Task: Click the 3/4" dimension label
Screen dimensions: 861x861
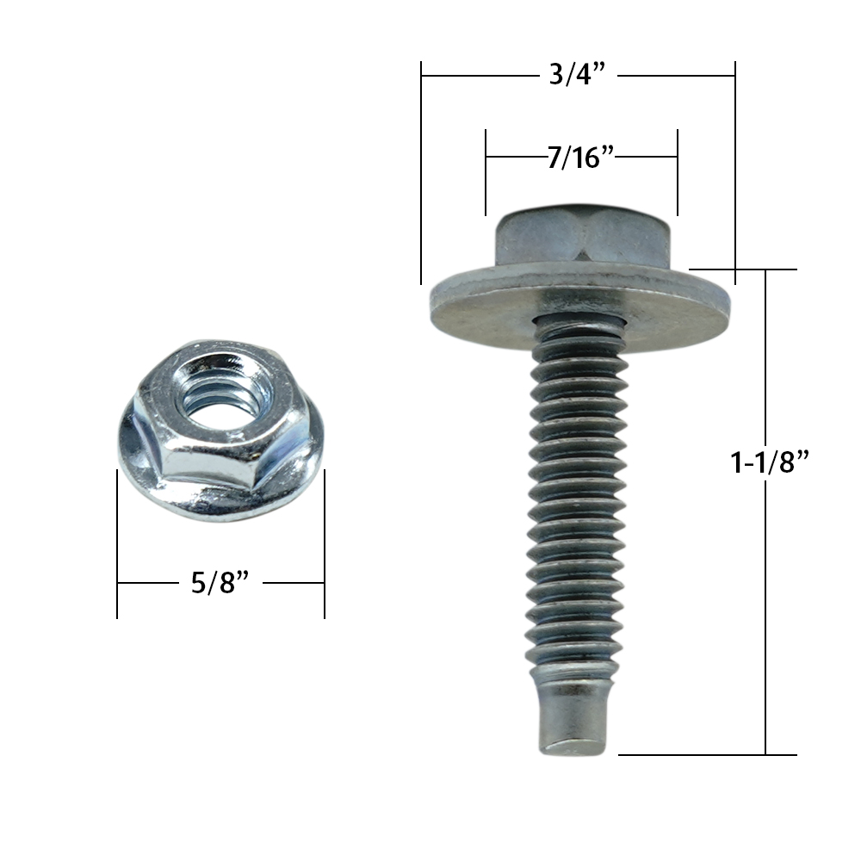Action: coord(578,76)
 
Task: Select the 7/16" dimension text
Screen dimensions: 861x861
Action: coord(580,158)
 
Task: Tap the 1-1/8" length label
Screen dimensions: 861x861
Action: coord(771,462)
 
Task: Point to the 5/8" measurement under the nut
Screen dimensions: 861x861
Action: coord(220,583)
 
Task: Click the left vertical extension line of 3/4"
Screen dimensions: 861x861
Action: coord(421,172)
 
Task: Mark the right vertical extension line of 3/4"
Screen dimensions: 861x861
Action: coord(734,172)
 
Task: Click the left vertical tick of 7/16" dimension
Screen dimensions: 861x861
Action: coord(486,172)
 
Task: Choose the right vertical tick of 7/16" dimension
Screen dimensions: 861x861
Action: coord(678,172)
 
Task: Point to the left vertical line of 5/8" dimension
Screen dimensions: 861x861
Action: coord(117,542)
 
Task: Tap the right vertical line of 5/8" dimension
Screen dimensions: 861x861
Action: coord(325,542)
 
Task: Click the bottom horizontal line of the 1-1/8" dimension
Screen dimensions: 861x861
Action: coord(706,755)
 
